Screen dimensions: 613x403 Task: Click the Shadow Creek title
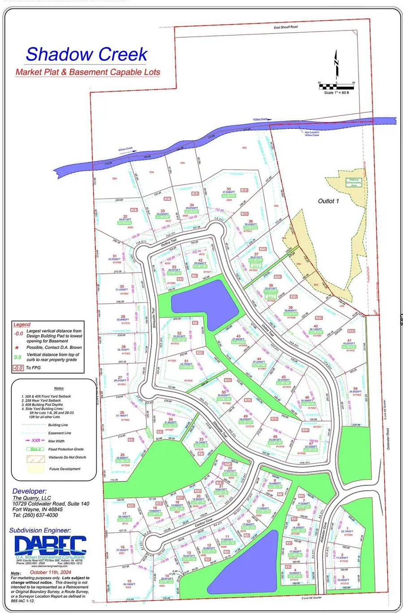[86, 54]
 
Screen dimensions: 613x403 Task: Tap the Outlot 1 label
[328, 201]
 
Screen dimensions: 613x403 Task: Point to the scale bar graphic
[336, 86]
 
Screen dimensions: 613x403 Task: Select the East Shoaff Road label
[286, 27]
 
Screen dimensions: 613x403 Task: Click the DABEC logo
[50, 545]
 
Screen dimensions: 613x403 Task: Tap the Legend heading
[22, 324]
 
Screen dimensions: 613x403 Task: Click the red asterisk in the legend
[17, 347]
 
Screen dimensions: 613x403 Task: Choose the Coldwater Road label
[388, 438]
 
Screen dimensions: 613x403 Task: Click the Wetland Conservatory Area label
[354, 182]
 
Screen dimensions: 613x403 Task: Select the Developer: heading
[30, 491]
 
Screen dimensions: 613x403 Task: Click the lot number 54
[356, 389]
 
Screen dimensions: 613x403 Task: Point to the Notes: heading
[58, 388]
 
